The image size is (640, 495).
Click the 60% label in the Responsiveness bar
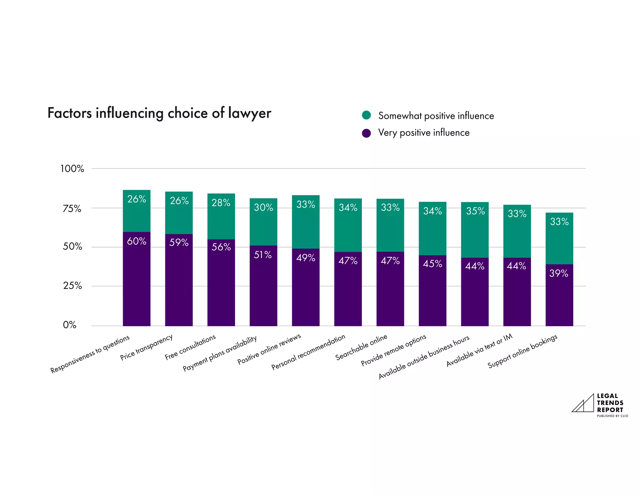tap(137, 241)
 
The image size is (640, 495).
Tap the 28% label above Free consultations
tap(221, 203)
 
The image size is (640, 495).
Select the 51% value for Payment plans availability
tap(263, 255)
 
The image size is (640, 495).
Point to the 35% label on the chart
tap(475, 211)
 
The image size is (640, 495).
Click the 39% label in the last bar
tap(559, 273)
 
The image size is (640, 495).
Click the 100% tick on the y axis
tap(72, 169)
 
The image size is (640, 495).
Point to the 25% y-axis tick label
tap(72, 286)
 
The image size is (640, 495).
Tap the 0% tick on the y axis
tap(70, 325)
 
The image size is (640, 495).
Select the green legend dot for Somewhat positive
tap(366, 115)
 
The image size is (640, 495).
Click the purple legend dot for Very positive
tap(366, 133)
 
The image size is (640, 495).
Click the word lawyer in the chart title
tap(249, 113)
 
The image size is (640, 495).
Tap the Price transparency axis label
tap(146, 347)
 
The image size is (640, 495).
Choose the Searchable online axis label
tap(361, 347)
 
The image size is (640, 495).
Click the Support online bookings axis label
tap(522, 351)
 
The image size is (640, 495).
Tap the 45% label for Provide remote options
tap(432, 264)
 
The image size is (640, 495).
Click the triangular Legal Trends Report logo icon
tap(583, 404)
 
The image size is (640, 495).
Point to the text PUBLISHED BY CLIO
tap(612, 416)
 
